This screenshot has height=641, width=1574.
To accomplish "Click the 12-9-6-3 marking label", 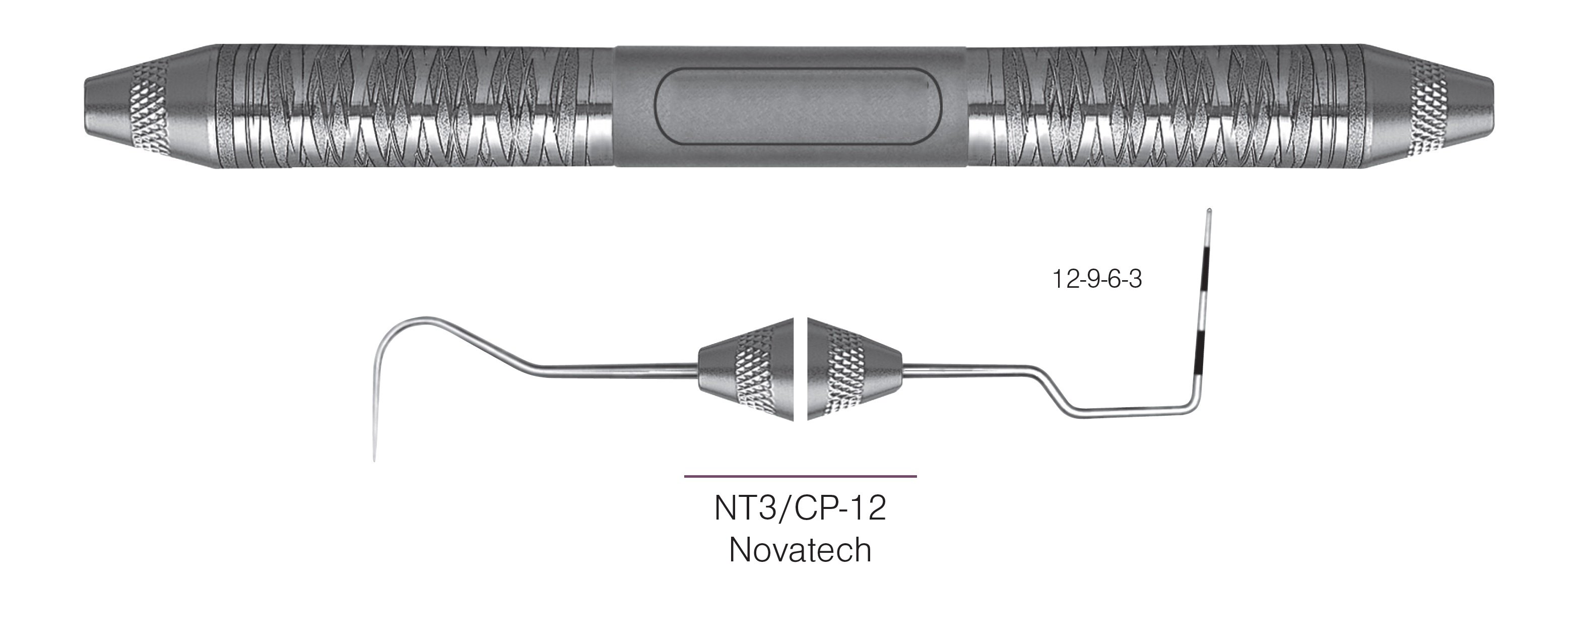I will point(1096,279).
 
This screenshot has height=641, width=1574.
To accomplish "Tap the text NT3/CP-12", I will point(800,508).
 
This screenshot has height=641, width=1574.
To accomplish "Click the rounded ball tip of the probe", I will point(1209,212).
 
